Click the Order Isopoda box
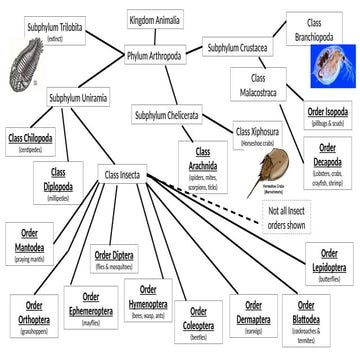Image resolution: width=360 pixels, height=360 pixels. [328, 118]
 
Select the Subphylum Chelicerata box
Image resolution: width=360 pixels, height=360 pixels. [180, 117]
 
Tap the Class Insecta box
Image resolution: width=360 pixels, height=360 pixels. [127, 175]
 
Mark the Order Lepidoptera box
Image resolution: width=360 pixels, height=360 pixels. [329, 265]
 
